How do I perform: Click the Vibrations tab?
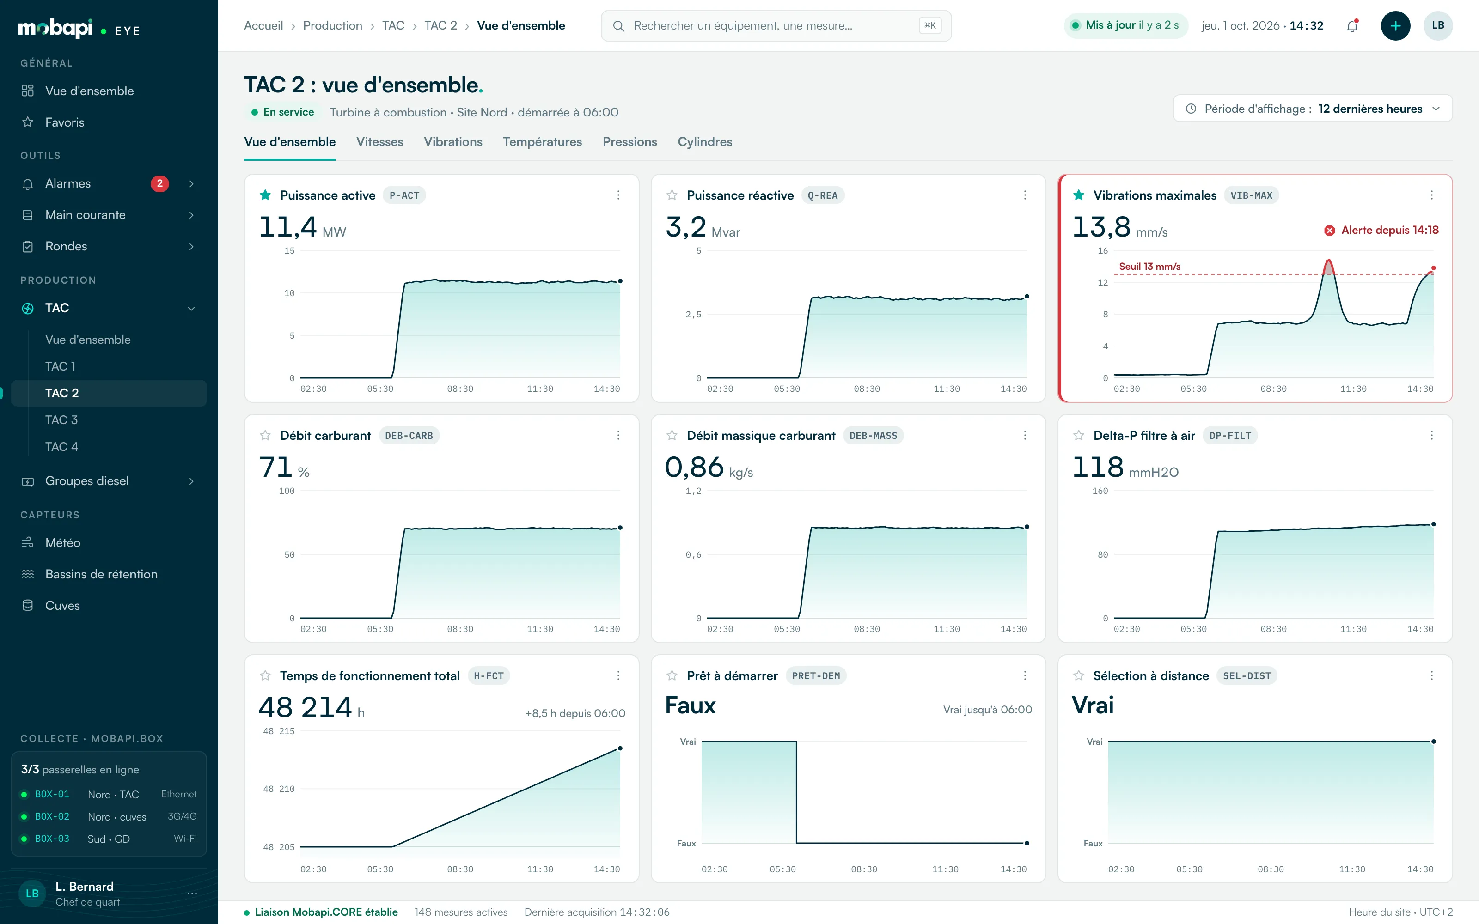[453, 142]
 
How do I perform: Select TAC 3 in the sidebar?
[61, 420]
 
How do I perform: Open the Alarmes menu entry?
[68, 183]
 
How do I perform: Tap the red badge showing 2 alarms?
[159, 183]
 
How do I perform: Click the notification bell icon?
[1352, 26]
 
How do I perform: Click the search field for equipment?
[776, 26]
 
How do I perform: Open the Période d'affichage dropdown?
[1312, 109]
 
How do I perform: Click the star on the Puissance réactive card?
[672, 195]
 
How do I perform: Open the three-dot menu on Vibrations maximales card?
[1431, 195]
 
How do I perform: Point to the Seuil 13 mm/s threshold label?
[1149, 267]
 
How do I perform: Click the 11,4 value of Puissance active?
[288, 227]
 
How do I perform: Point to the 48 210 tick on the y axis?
[279, 789]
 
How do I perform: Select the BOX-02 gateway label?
[52, 816]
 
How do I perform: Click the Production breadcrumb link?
[332, 26]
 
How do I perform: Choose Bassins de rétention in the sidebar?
[102, 574]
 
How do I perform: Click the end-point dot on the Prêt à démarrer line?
[1027, 843]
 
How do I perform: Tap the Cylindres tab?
[705, 142]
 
